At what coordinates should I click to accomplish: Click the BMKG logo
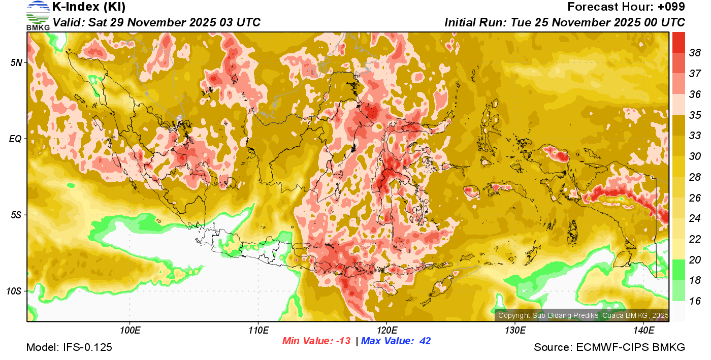pos(38,15)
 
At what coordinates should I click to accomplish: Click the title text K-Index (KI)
pos(89,7)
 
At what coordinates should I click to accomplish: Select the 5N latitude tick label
pos(16,62)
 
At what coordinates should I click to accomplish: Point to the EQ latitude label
pos(15,139)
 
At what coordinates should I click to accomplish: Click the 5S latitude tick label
pos(16,215)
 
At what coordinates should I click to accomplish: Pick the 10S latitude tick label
pos(14,291)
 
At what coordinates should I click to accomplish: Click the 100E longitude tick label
pos(130,331)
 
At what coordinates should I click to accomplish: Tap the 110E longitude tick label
pos(258,331)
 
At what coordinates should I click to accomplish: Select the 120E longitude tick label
pos(386,331)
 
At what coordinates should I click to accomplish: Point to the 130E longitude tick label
pos(515,331)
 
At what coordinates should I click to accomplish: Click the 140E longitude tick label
pos(643,331)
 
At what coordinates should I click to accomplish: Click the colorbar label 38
pos(695,52)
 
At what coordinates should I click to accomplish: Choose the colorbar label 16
pos(695,301)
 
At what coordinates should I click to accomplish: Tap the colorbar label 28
pos(695,177)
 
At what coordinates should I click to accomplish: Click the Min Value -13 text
pos(317,341)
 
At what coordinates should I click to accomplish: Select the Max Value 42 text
pos(396,341)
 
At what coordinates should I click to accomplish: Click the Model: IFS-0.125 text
pos(69,348)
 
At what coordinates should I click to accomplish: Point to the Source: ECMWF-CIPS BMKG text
pos(609,348)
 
